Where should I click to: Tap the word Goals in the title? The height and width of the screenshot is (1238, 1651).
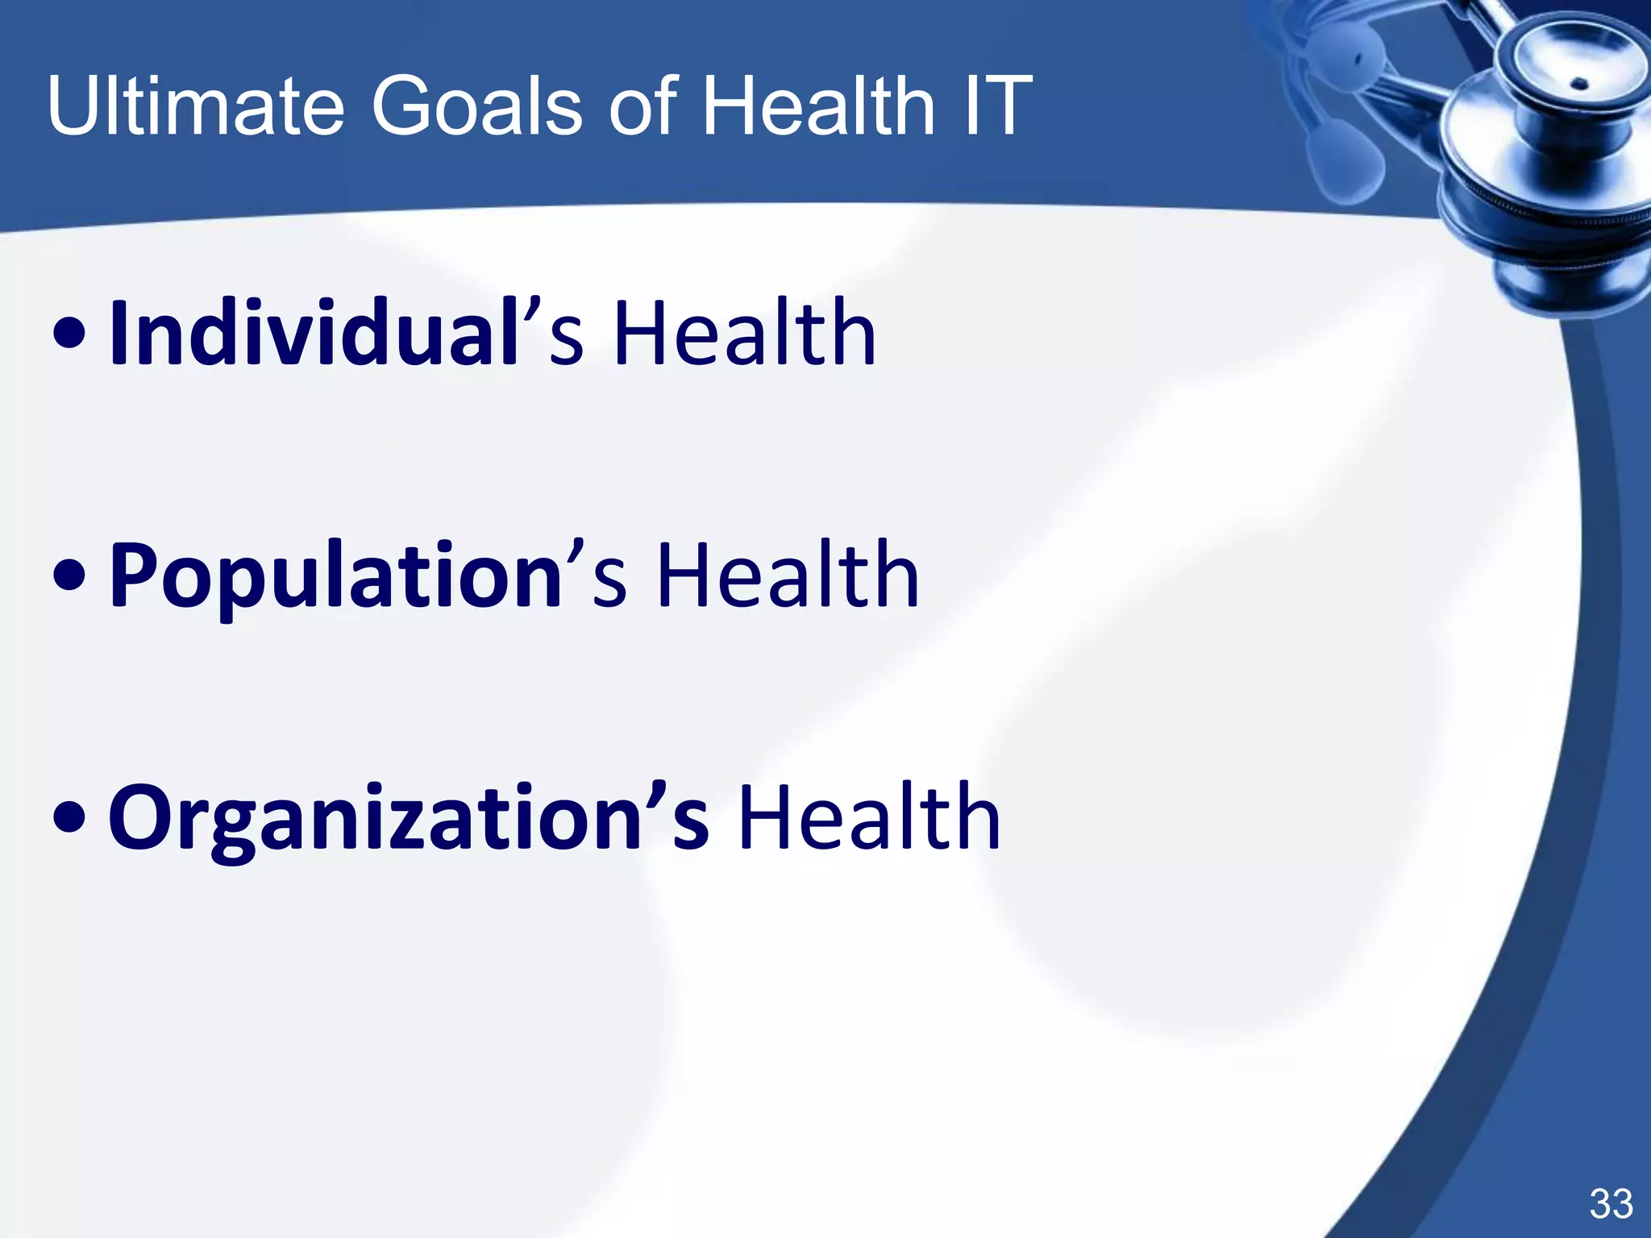(x=476, y=106)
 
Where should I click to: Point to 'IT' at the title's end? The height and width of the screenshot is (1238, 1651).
(x=996, y=106)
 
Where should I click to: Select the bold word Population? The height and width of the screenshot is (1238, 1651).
(x=335, y=575)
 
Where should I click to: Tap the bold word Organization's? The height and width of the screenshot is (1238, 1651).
(x=408, y=817)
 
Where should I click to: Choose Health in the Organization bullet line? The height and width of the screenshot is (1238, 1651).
(x=868, y=817)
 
